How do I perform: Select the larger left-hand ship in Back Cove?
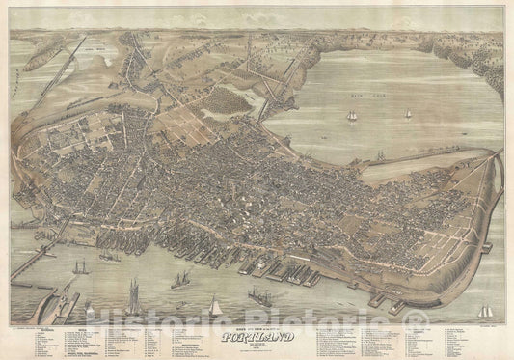tap(351, 116)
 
